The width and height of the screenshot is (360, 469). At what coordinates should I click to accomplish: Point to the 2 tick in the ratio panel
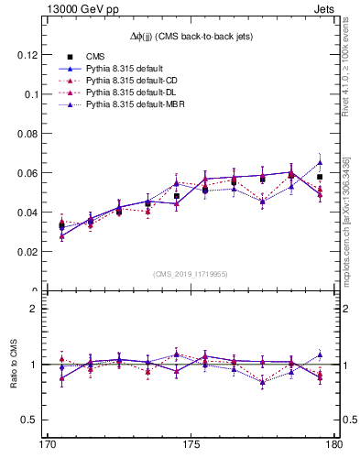[38, 309]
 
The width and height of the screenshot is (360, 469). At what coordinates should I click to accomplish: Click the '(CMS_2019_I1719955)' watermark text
[191, 273]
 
